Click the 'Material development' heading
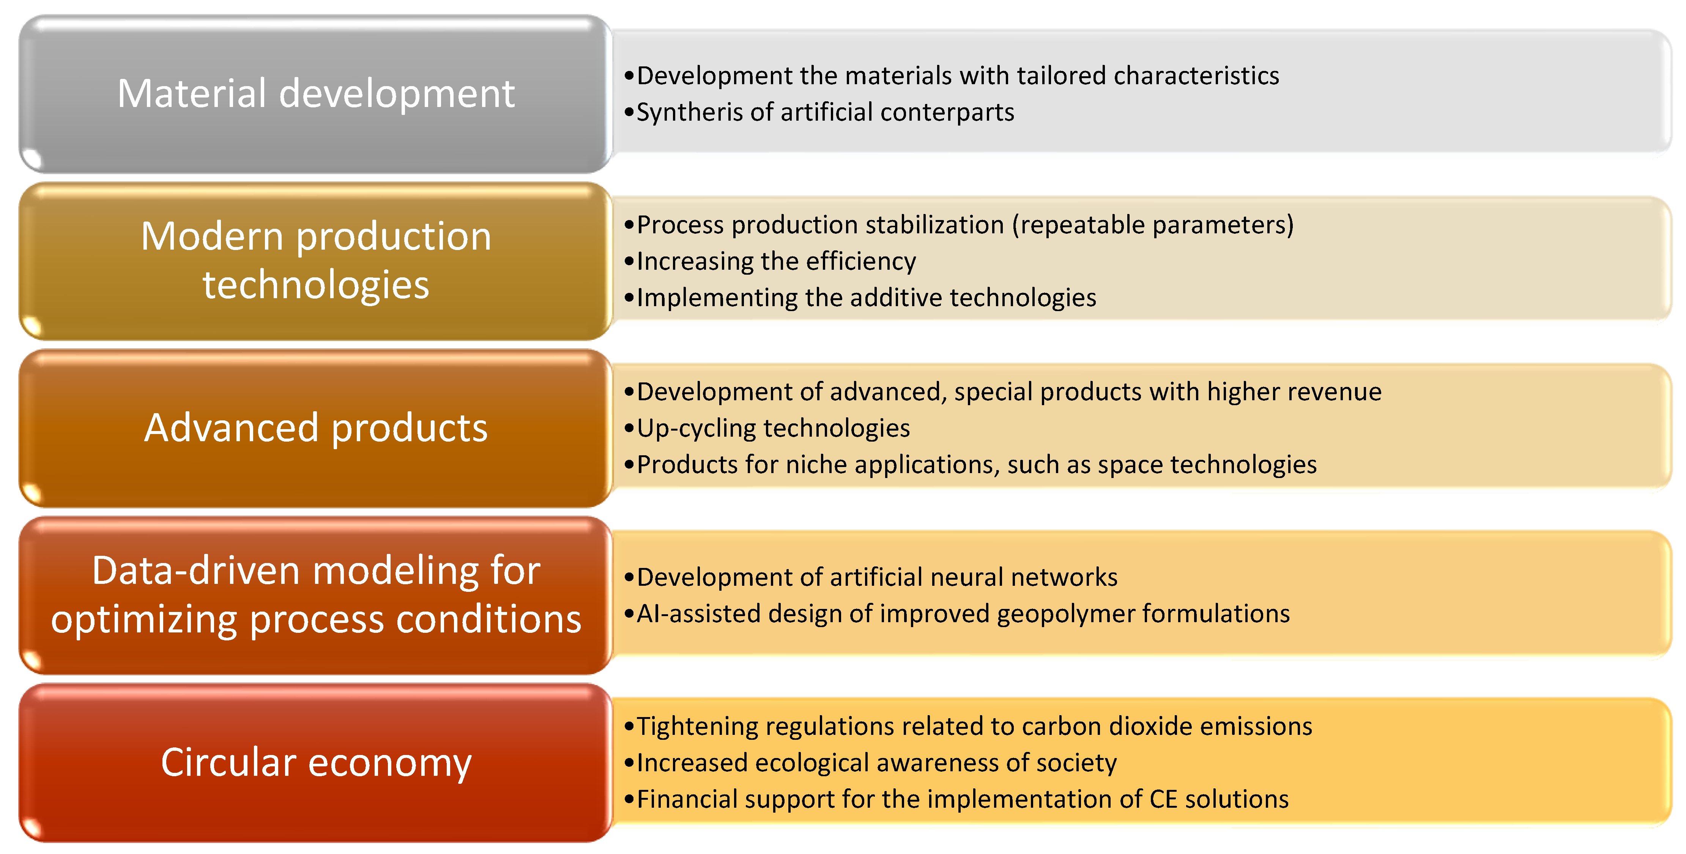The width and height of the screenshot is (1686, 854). click(x=316, y=94)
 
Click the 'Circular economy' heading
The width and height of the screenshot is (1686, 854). click(x=316, y=763)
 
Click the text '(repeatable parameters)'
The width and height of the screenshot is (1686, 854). click(x=1153, y=225)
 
